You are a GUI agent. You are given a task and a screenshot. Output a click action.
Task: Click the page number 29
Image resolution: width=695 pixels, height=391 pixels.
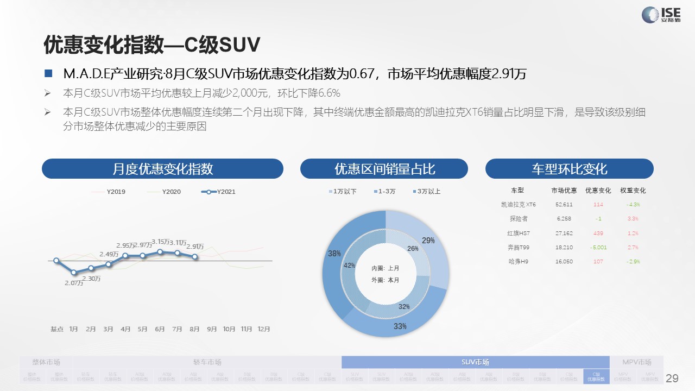click(672, 379)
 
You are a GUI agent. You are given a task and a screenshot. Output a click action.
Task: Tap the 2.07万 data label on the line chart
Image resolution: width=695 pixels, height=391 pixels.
click(74, 283)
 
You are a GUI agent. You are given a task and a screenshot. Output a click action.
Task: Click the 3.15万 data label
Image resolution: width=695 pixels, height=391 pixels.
click(161, 242)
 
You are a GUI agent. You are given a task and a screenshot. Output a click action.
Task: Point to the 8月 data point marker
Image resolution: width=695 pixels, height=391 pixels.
click(195, 256)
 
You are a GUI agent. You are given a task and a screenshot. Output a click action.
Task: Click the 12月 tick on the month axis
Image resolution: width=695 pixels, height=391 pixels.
click(263, 329)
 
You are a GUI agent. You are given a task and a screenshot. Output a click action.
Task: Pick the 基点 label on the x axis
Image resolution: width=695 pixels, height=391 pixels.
click(57, 329)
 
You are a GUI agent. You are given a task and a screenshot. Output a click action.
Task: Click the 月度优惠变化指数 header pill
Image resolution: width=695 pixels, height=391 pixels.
click(162, 169)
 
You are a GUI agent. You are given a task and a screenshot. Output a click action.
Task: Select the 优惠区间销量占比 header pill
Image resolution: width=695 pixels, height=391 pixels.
click(384, 169)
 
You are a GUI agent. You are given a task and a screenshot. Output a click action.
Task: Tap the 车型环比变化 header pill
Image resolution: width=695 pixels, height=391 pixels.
click(569, 169)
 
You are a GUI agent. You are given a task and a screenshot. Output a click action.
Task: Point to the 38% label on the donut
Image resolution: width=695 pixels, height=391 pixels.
click(334, 254)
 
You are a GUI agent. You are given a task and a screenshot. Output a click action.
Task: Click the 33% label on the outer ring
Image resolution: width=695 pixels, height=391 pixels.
click(400, 326)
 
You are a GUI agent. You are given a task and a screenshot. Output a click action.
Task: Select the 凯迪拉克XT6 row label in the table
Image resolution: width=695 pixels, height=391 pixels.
click(519, 205)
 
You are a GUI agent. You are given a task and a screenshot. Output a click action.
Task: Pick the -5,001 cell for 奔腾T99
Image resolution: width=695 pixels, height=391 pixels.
click(598, 247)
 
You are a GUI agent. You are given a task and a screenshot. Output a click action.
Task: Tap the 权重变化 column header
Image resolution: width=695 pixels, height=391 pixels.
click(633, 191)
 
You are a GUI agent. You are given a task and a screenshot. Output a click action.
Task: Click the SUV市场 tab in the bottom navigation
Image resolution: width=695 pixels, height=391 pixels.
click(475, 362)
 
